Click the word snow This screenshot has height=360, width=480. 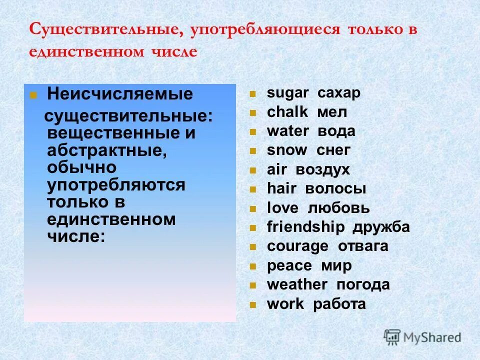pos(287,150)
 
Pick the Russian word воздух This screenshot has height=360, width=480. pos(322,170)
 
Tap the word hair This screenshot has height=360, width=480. pos(282,189)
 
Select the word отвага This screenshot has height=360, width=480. pos(363,246)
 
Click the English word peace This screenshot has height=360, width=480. pos(289,266)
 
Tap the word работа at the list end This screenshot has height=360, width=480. pos(339,304)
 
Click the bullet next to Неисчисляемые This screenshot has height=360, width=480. pos(33,94)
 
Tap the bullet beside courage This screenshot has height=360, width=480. pos(253,247)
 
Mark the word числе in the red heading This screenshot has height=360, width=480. pos(174,52)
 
